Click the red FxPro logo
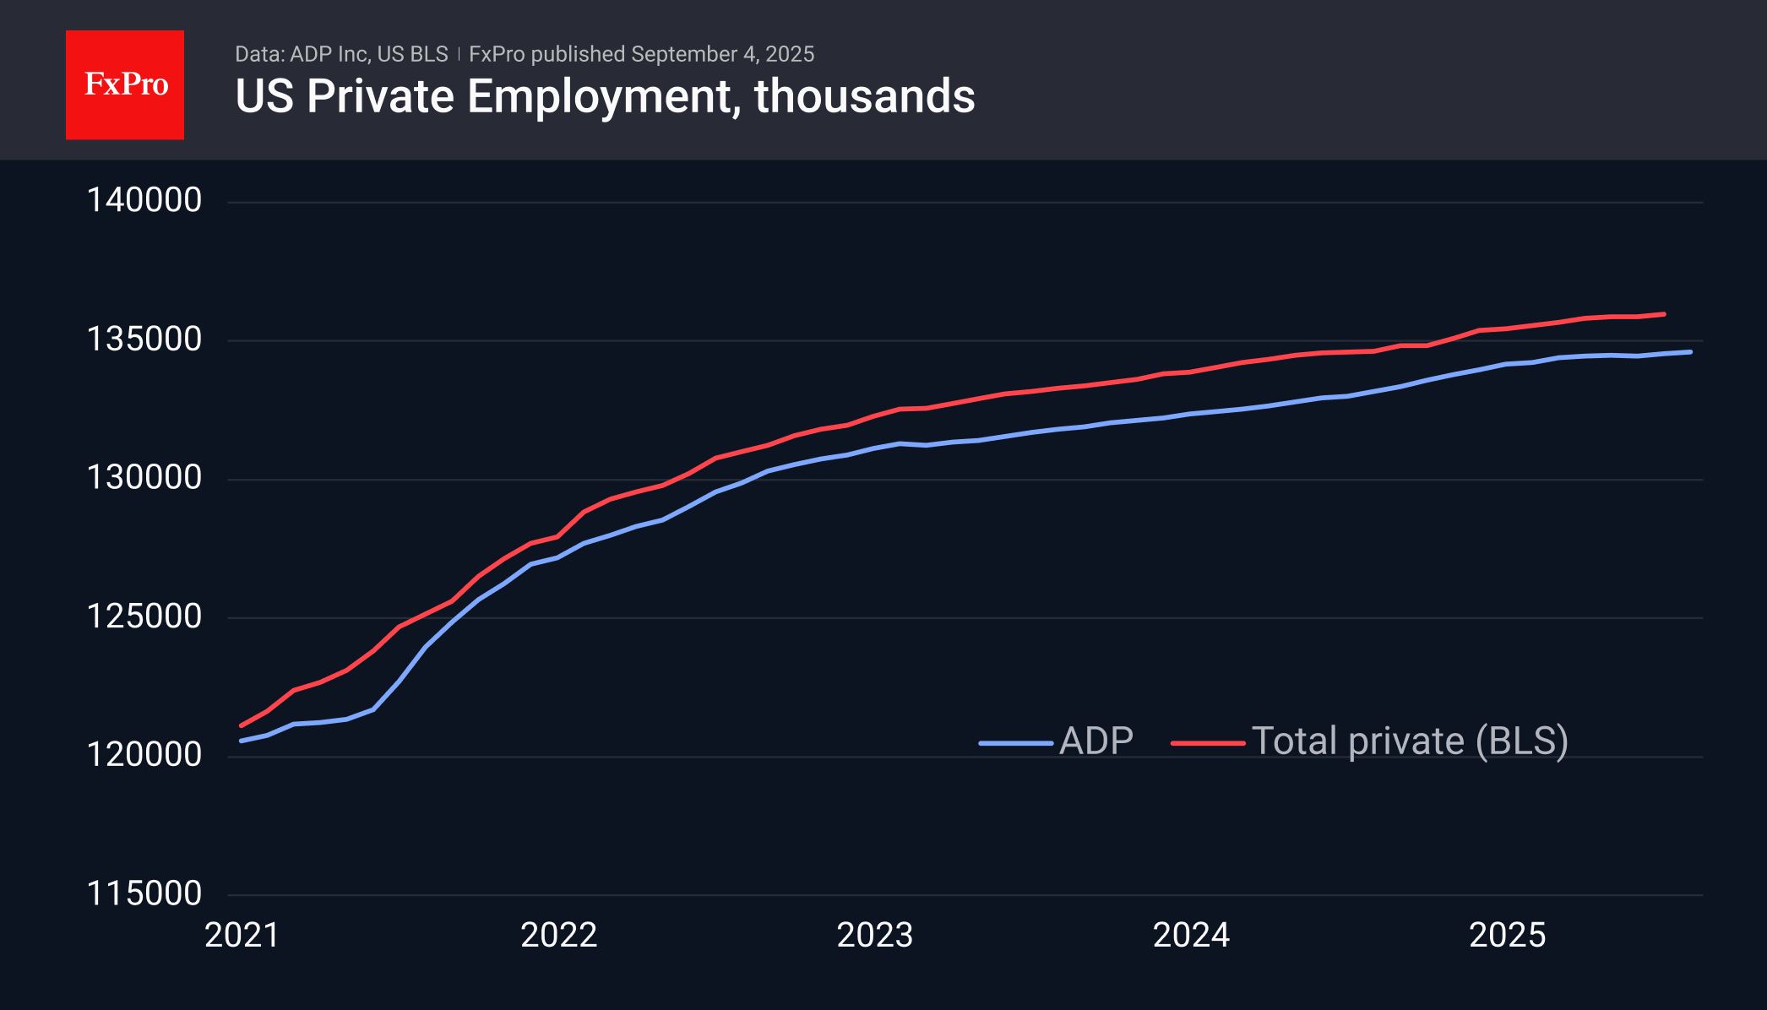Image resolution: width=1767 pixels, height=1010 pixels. [125, 85]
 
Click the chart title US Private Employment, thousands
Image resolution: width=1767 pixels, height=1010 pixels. [605, 96]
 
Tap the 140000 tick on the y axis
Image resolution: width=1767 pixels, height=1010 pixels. [144, 201]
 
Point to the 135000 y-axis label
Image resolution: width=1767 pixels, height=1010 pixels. [144, 339]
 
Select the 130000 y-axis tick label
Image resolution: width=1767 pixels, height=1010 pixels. [144, 478]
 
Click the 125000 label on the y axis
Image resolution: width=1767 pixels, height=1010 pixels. [144, 616]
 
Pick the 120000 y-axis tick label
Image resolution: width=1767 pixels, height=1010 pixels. [144, 755]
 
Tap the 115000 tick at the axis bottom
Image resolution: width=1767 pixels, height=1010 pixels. [144, 893]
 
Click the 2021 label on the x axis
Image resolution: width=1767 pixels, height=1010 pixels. [242, 936]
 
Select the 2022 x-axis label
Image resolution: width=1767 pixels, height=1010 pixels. [559, 936]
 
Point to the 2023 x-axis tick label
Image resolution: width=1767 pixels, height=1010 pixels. [875, 936]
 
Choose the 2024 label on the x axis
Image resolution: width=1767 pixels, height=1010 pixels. [1192, 936]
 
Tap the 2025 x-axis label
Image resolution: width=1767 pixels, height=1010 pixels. [1508, 936]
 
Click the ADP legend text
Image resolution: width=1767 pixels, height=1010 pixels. [1096, 741]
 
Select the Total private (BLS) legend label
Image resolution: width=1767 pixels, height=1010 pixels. [1410, 741]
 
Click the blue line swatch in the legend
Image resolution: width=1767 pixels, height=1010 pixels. [1016, 743]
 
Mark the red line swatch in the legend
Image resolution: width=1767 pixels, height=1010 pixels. [1208, 743]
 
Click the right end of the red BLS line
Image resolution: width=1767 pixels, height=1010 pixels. [1663, 314]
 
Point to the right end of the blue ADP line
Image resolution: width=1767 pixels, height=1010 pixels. [1690, 352]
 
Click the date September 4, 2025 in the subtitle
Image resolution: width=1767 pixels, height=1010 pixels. [722, 54]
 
